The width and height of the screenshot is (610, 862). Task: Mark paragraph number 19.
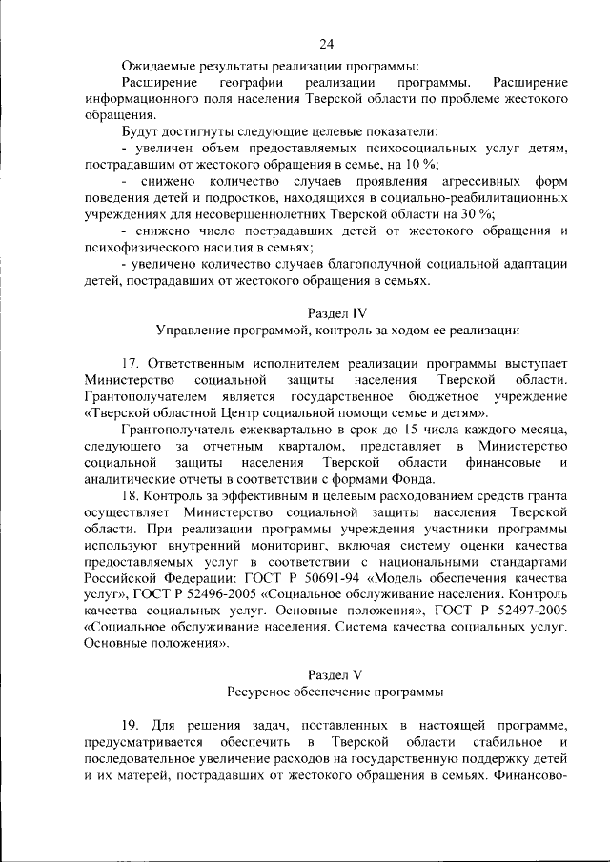click(133, 725)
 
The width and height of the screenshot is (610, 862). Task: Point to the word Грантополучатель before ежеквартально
click(181, 431)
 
